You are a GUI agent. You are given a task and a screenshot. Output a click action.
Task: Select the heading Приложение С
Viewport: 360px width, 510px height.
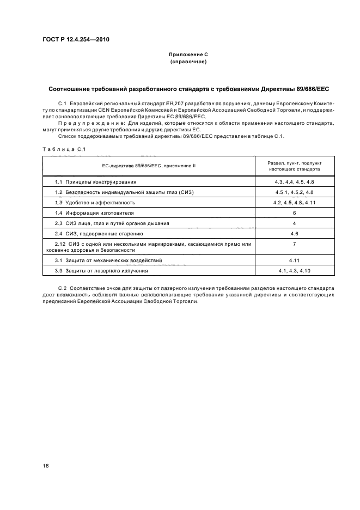tap(188, 55)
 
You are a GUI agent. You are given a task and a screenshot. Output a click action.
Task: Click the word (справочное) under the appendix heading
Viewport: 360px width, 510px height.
tap(188, 62)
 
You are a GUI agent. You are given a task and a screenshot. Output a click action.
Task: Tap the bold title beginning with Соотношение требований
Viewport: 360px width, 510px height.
tap(188, 88)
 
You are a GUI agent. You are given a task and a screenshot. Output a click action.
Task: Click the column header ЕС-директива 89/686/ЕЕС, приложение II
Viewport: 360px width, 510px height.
tap(149, 166)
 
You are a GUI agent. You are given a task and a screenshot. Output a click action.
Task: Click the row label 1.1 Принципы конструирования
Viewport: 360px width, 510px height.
tap(95, 181)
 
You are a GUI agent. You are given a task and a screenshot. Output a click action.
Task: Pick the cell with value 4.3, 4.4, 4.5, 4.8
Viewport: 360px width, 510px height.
tap(295, 181)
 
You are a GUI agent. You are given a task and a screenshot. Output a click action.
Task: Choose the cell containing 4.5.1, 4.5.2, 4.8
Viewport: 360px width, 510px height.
tap(295, 192)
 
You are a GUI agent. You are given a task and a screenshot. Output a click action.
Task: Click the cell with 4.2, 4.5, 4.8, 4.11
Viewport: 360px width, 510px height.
tap(295, 202)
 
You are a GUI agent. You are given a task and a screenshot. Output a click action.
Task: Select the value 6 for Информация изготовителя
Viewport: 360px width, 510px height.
tap(295, 212)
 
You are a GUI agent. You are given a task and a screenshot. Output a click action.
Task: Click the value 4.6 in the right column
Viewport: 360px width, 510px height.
tap(295, 234)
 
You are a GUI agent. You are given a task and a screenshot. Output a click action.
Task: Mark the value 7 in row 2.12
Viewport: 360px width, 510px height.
tap(295, 244)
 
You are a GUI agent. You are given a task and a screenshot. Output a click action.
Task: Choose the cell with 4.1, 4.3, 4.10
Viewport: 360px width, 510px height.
tap(295, 270)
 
